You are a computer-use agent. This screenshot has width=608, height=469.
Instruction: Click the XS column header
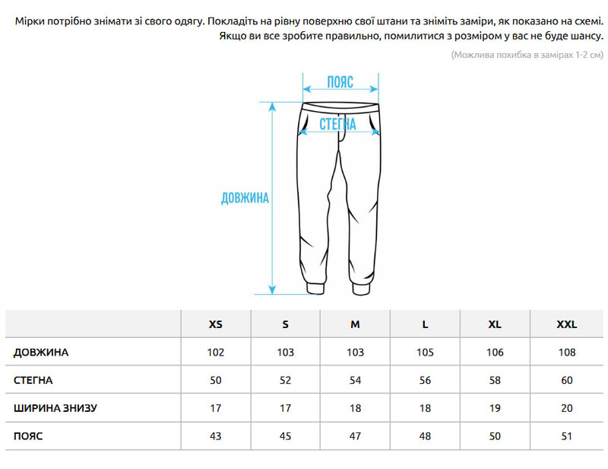click(216, 324)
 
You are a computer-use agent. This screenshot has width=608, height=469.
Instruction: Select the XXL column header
click(567, 324)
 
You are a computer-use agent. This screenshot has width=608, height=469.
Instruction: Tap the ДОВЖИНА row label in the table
click(41, 353)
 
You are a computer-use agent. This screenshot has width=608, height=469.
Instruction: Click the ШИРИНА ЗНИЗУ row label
click(55, 408)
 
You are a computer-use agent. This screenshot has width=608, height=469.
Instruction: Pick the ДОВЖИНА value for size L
click(425, 353)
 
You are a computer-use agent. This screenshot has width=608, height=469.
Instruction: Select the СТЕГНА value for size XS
click(216, 380)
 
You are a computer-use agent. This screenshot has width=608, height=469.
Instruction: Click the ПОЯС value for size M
click(355, 435)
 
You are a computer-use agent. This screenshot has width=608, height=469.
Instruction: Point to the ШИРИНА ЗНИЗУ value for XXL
click(567, 408)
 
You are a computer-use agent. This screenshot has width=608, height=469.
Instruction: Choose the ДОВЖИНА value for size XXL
click(567, 353)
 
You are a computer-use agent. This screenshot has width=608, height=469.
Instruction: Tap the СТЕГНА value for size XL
click(495, 380)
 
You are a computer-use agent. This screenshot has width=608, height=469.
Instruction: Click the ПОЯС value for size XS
click(216, 435)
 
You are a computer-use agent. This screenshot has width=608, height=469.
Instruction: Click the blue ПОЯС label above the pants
click(340, 82)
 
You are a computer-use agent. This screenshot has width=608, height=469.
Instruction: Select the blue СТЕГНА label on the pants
click(338, 124)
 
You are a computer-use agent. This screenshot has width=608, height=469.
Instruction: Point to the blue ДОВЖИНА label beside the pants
click(245, 198)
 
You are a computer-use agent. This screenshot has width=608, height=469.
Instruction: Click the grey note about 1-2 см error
click(526, 55)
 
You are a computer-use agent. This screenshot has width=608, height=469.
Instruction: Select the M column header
click(355, 324)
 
